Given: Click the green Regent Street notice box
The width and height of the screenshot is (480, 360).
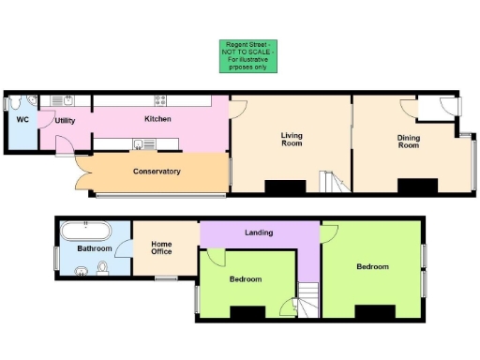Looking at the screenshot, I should click(247, 55).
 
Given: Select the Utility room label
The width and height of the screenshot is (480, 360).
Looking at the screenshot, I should click(65, 121).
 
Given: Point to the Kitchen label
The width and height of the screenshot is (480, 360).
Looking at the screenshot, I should click(157, 119).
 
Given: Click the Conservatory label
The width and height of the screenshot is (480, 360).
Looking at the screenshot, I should click(157, 171).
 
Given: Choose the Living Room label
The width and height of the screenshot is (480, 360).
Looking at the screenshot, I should click(292, 140).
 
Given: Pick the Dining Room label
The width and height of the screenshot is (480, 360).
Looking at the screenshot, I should click(408, 142).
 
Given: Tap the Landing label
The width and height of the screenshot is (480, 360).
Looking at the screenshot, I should click(259, 232).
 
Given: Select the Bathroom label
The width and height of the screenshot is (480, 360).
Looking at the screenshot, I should click(95, 248).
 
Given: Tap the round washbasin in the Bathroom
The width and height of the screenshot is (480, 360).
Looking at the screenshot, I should click(82, 273).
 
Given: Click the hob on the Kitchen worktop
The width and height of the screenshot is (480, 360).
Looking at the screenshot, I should click(160, 99).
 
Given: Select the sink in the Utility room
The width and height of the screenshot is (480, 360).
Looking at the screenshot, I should click(68, 99).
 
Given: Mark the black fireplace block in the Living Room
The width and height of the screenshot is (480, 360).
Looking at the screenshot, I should click(284, 187).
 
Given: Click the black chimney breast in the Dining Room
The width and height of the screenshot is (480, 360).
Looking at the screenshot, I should click(417, 186).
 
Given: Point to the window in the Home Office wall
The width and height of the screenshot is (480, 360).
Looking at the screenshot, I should click(167, 277).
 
